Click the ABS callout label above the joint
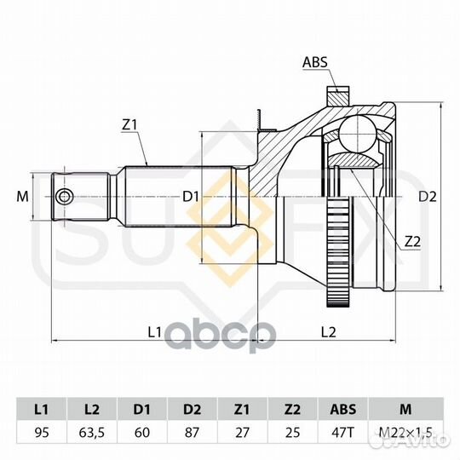315,62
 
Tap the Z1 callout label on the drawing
129,125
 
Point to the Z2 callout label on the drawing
412,241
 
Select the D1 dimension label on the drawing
191,196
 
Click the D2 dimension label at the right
428,196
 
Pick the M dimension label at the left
23,196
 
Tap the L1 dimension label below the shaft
154,332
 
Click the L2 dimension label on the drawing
328,332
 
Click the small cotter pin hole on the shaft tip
64,196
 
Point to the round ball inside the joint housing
358,134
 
